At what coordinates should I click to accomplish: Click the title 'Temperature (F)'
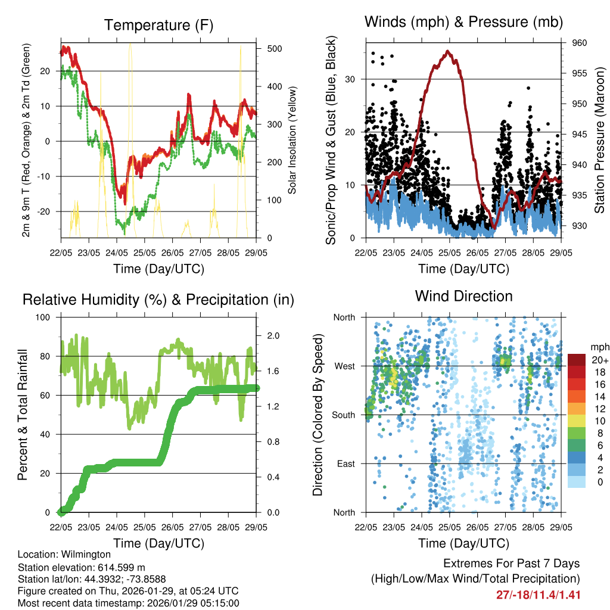[158, 25]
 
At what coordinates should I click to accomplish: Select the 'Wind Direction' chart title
[463, 296]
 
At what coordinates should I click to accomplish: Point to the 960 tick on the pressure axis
[580, 43]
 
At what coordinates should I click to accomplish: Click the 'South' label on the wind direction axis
[344, 415]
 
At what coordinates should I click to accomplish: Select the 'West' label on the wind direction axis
[345, 366]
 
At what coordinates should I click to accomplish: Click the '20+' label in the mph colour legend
[600, 360]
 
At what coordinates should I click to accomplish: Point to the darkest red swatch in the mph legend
[577, 360]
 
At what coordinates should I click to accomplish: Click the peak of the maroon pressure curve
[448, 51]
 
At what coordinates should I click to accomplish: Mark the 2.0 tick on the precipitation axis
[271, 336]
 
